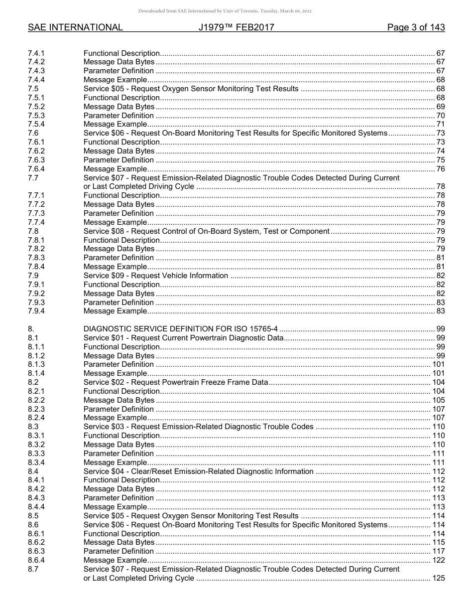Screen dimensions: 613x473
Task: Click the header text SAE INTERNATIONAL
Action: tap(75, 27)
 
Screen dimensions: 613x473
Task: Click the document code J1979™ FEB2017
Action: tap(236, 27)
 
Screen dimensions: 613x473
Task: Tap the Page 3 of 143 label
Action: tap(416, 27)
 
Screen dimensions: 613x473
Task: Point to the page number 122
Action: tap(438, 560)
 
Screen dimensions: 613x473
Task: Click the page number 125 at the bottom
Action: tap(438, 578)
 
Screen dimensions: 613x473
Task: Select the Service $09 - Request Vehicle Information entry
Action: tap(156, 276)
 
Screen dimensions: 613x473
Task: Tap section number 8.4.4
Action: tap(36, 507)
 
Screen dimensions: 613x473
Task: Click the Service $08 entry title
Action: tap(206, 231)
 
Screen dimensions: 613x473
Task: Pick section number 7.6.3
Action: tap(36, 160)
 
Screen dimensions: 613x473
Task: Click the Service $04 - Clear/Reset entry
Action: tap(198, 471)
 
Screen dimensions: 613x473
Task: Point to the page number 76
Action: tap(440, 169)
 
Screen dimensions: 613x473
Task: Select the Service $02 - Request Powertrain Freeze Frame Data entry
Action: tap(175, 382)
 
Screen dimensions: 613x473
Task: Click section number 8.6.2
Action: tap(36, 542)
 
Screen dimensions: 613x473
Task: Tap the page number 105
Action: tap(438, 400)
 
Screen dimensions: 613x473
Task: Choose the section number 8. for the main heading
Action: tap(31, 329)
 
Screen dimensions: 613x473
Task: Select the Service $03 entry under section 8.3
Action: tap(198, 427)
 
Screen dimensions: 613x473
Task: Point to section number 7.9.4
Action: tap(36, 311)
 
